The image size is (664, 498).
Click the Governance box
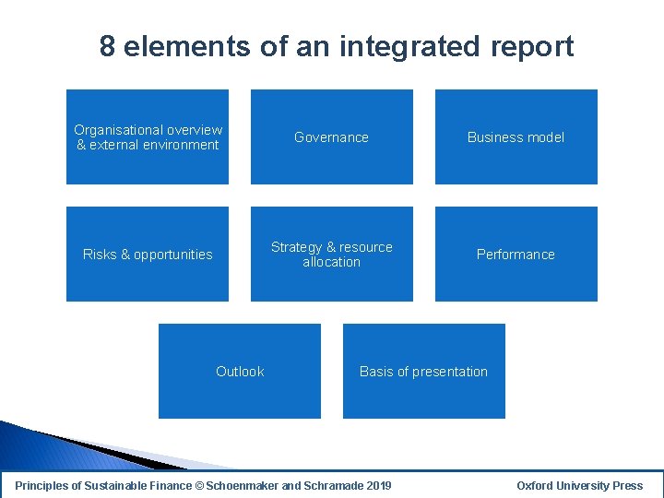click(x=332, y=136)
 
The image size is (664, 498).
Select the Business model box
click(x=516, y=136)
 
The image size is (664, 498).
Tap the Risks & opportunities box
click(x=148, y=254)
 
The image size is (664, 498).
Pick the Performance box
click(x=516, y=254)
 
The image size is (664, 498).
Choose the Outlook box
click(x=240, y=371)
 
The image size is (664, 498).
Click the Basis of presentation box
click(x=423, y=371)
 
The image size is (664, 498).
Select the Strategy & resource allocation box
click(x=332, y=254)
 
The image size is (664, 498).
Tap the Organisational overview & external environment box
click(x=148, y=136)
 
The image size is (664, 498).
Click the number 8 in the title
click(x=108, y=46)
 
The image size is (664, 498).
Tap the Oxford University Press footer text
click(x=579, y=485)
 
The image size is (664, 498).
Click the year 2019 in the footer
click(x=379, y=485)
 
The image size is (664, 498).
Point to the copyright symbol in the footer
click(x=200, y=485)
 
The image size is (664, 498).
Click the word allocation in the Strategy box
click(x=332, y=262)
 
